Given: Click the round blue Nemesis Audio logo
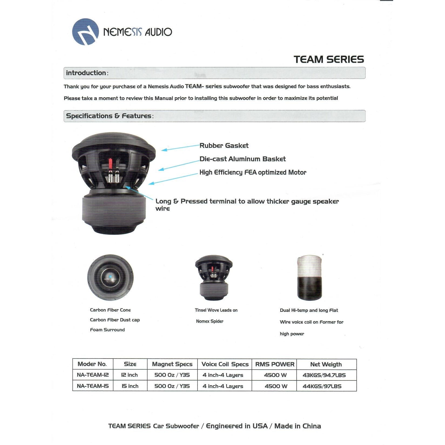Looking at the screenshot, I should point(85,32).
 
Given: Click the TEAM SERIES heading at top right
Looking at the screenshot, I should point(329,59).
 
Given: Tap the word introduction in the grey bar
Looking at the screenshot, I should point(86,73).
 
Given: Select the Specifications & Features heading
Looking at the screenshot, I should point(109,116).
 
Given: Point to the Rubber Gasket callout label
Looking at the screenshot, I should point(224,146).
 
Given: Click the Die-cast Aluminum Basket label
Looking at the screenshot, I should point(242,159).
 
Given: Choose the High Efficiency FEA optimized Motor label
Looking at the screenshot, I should point(253,172).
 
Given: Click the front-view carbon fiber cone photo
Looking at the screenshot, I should point(110,277).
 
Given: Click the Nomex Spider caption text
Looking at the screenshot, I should point(210,321).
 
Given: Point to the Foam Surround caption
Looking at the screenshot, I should point(107,330).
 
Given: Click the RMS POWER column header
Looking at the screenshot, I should point(275,364).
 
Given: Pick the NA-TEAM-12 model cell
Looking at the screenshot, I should point(93,375).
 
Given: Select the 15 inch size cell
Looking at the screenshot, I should point(130,386).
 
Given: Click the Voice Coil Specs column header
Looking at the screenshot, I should point(225,364).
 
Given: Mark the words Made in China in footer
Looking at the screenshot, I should point(297,426).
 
